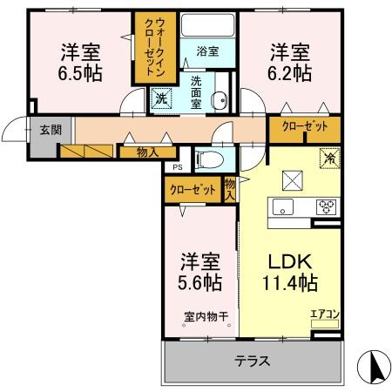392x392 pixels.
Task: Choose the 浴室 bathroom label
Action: (x=206, y=51)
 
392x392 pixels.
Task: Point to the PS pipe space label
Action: (x=176, y=167)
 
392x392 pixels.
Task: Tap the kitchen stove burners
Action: (x=327, y=207)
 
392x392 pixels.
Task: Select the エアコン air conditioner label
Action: (x=323, y=314)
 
